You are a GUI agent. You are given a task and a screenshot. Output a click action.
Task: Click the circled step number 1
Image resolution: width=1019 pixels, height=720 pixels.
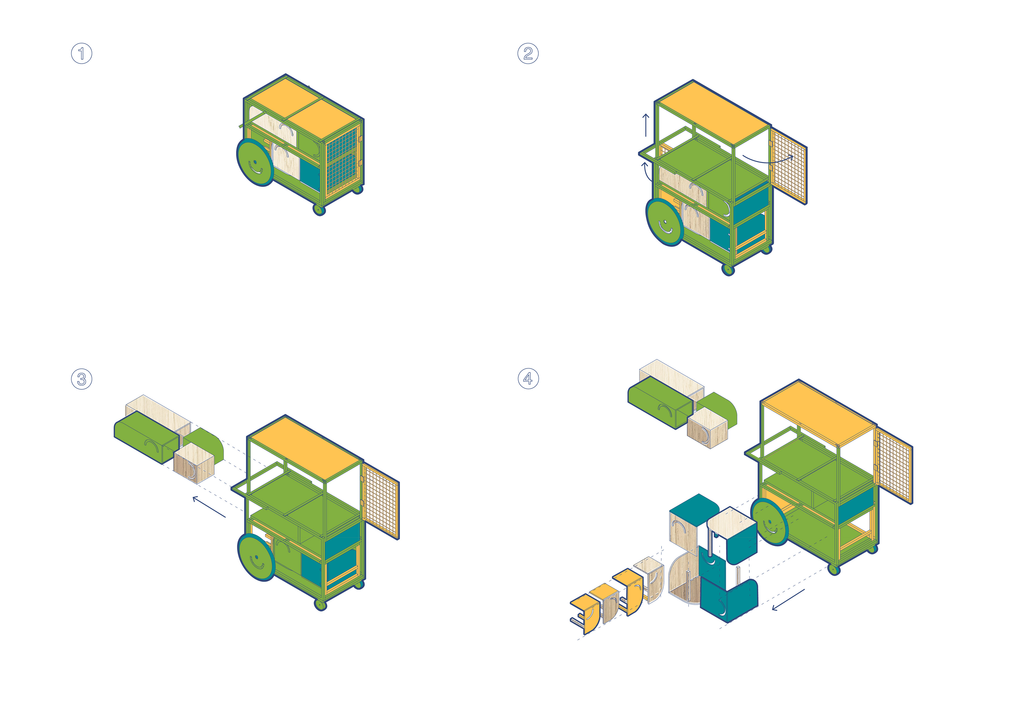pyautogui.click(x=82, y=54)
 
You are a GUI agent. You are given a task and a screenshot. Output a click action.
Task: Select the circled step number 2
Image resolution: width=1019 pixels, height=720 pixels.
pyautogui.click(x=528, y=54)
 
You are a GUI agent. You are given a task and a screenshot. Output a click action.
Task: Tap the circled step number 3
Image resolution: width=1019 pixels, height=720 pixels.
pyautogui.click(x=82, y=379)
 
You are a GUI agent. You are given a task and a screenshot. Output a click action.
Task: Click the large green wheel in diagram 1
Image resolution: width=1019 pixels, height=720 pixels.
pyautogui.click(x=255, y=162)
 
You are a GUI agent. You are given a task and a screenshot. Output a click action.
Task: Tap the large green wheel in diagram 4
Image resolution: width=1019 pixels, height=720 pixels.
pyautogui.click(x=770, y=522)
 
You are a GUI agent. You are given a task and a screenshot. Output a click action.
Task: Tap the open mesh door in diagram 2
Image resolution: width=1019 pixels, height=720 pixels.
pyautogui.click(x=789, y=166)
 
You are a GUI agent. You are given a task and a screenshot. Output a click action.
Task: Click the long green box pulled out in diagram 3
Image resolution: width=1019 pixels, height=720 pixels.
pyautogui.click(x=146, y=437)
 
